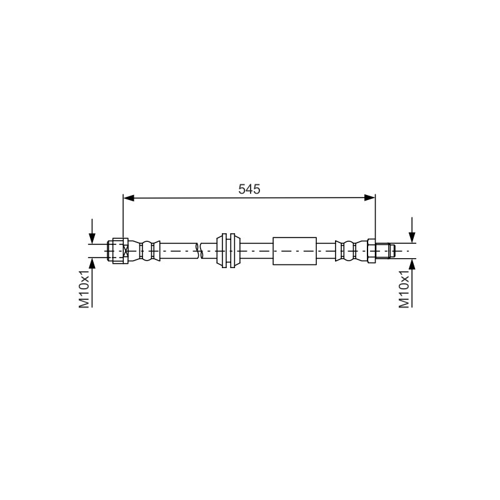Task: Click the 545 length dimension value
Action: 249,189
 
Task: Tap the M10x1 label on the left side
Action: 84,289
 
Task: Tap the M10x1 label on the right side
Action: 404,289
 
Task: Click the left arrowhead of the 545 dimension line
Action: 129,198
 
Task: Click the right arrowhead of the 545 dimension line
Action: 369,198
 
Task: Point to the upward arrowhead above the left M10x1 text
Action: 92,263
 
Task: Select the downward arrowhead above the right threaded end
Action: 412,238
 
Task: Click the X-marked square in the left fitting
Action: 126,251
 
